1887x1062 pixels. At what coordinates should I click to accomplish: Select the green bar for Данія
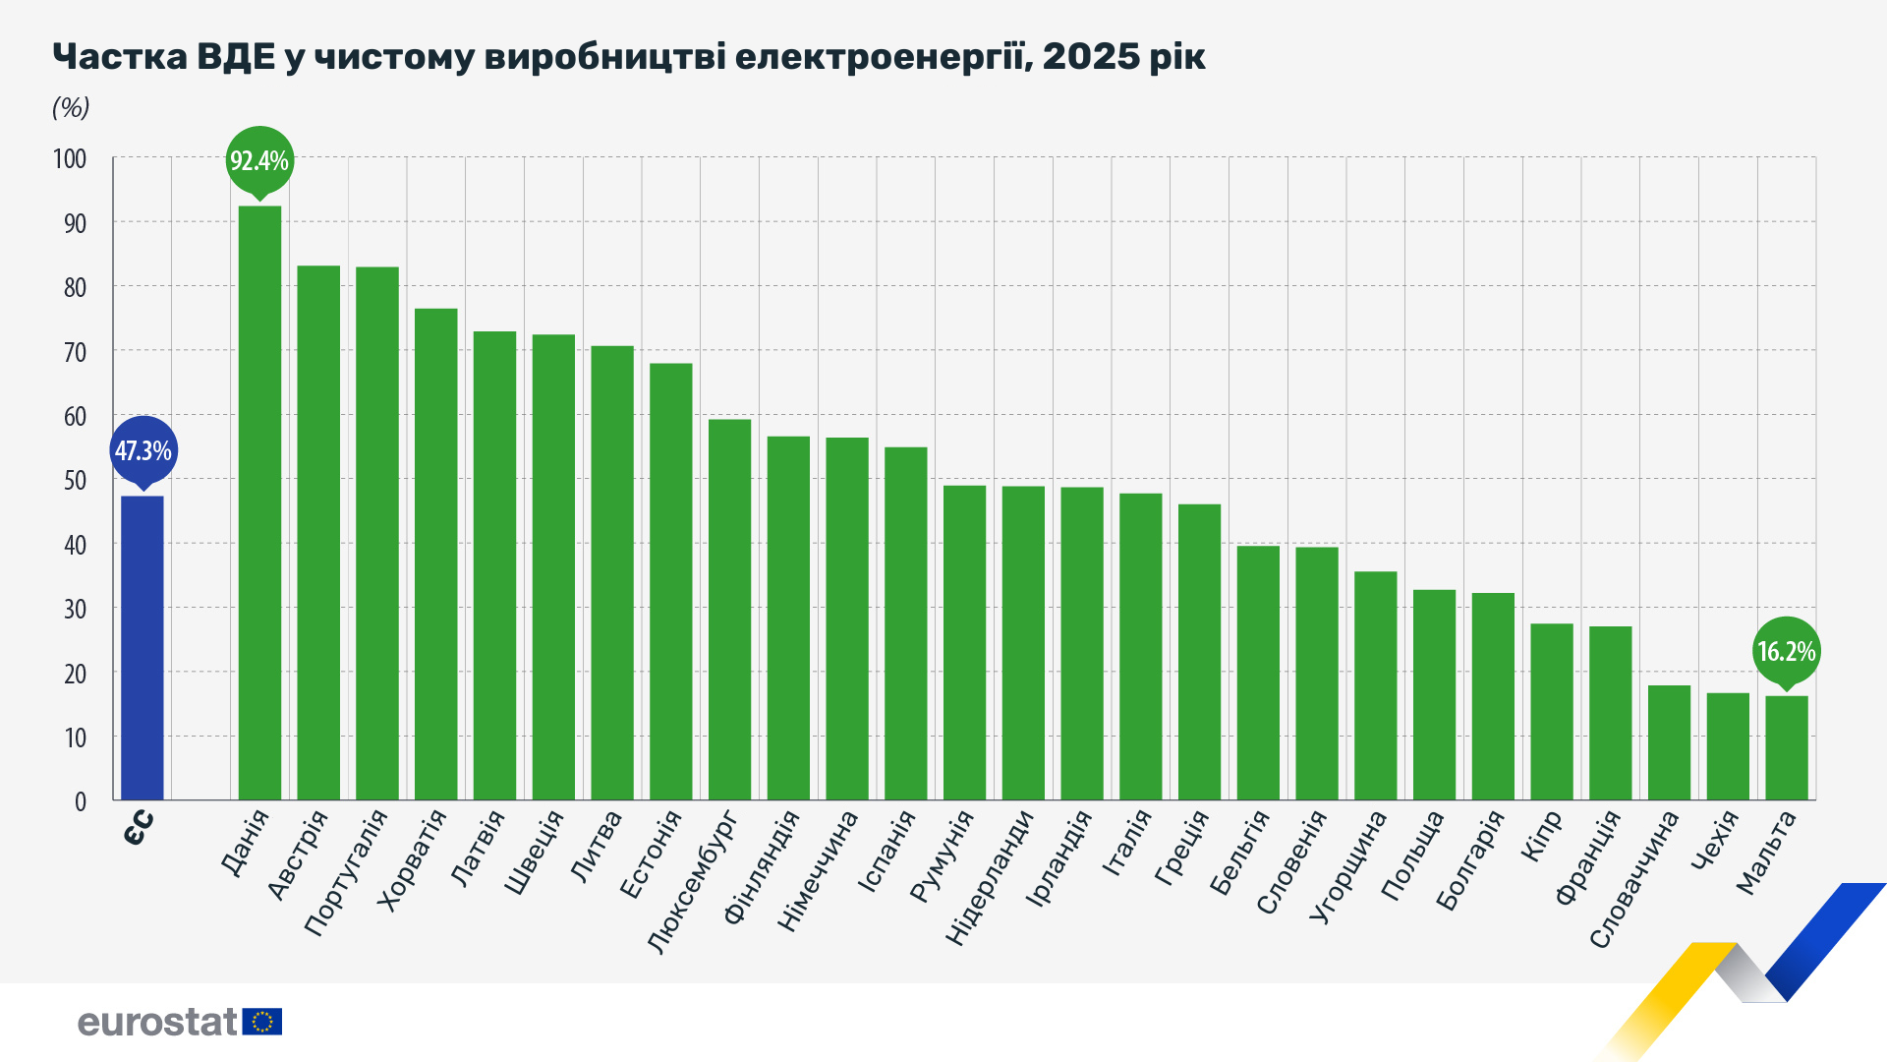click(x=259, y=502)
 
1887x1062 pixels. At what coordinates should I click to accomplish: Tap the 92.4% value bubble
click(x=259, y=160)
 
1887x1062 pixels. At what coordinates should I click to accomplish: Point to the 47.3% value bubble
click(x=143, y=450)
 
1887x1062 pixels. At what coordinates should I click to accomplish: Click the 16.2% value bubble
click(x=1786, y=651)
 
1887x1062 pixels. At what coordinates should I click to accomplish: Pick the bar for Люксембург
click(x=729, y=610)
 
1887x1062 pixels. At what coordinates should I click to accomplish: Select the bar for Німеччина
click(x=847, y=619)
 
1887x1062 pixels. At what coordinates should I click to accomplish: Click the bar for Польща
click(x=1434, y=694)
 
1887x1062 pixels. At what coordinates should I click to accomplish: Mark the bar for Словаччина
click(x=1669, y=742)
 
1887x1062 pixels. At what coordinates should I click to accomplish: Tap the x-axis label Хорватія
click(x=414, y=861)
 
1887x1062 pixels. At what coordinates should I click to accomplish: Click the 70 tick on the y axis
click(x=75, y=351)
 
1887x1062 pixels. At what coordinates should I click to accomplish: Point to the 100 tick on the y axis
click(x=70, y=158)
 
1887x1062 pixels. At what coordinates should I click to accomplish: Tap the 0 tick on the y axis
click(x=81, y=801)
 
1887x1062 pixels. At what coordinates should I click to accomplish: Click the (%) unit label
click(x=71, y=107)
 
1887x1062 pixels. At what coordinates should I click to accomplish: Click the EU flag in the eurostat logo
click(x=262, y=1022)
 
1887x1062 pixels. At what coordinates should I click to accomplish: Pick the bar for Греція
click(x=1199, y=652)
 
